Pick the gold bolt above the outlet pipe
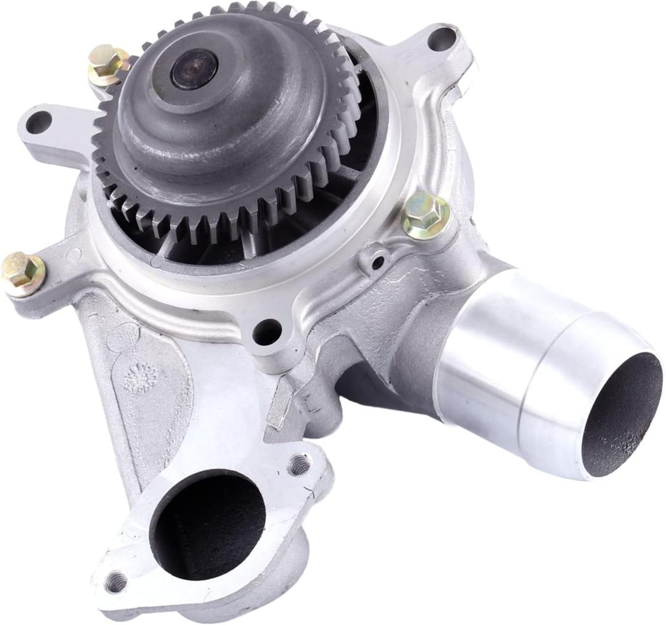coord(425,215)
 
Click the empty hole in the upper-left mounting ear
coord(38,122)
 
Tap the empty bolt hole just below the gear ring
coord(267,332)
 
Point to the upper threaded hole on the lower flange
coord(300,465)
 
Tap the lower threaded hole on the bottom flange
coord(115,581)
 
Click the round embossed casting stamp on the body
coord(142,378)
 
